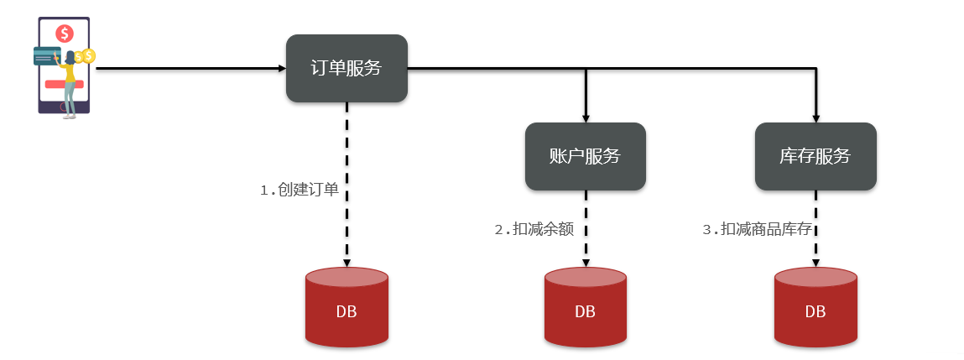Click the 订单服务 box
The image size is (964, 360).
click(347, 68)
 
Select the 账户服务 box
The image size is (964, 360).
click(585, 156)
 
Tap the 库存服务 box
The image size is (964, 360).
click(815, 156)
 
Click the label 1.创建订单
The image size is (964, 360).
click(300, 190)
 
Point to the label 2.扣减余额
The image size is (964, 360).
click(534, 229)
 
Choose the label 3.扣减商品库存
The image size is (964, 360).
click(757, 229)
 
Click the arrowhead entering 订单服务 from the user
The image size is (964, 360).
click(281, 68)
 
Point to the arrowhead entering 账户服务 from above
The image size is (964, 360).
click(586, 118)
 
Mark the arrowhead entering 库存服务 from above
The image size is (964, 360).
click(815, 118)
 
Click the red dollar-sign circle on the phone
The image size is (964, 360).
click(65, 34)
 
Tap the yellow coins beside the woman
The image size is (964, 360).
click(84, 56)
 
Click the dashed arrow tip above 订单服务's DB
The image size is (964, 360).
click(347, 261)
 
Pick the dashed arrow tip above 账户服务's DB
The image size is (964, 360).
click(586, 261)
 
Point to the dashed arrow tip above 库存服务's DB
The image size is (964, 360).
click(815, 261)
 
